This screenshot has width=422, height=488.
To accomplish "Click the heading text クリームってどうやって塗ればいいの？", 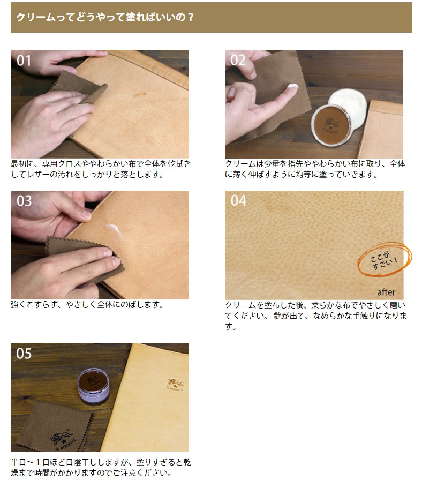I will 105,17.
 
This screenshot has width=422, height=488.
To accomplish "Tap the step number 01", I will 24,61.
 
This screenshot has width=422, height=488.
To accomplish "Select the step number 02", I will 238,61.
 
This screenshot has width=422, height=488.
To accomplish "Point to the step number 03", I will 24,201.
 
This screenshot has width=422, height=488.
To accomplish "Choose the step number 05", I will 24,354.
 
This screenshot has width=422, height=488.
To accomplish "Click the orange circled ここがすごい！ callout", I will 385,260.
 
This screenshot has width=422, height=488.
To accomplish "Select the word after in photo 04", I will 386,292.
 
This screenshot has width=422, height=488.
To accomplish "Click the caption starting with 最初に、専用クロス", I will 100,169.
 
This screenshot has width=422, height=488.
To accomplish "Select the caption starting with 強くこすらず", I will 87,305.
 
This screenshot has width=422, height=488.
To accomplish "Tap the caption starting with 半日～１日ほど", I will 100,467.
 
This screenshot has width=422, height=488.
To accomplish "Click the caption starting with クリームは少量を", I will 315,169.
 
